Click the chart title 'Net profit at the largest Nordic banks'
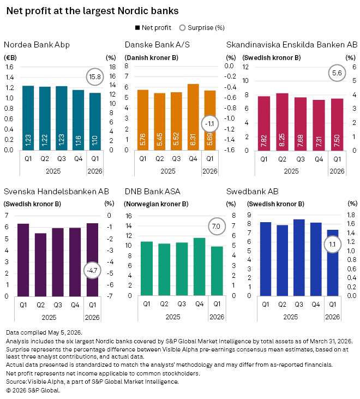[92, 11]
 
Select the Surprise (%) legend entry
[202, 28]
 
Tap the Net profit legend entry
[153, 28]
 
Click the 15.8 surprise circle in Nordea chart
[95, 76]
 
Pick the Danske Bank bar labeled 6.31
[193, 117]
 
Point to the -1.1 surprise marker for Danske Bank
[209, 124]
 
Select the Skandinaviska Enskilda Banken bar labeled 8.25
[282, 122]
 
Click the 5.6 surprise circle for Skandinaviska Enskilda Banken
[337, 73]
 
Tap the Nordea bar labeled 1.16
[78, 120]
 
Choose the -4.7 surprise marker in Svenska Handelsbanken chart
[92, 270]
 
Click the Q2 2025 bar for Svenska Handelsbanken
[40, 265]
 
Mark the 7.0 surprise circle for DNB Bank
[217, 226]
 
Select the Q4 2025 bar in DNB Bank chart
[199, 267]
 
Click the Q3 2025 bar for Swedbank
[299, 258]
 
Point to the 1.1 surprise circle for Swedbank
[332, 245]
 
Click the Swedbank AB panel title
[252, 192]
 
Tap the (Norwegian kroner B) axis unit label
[156, 204]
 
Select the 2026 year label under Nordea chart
[94, 171]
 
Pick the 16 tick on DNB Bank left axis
[129, 216]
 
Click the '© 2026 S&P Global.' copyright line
[33, 390]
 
